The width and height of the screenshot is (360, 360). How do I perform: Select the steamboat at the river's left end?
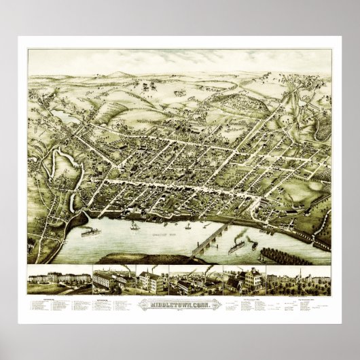click(x=90, y=232)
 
